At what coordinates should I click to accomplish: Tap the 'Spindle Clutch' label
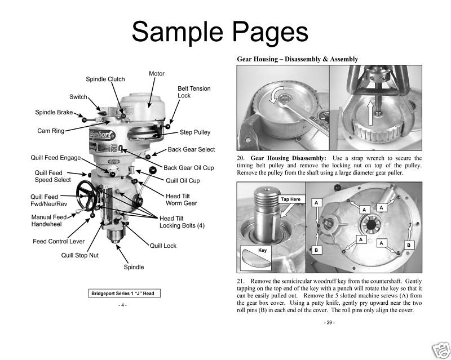coord(105,79)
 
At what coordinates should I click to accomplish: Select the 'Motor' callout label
coord(157,74)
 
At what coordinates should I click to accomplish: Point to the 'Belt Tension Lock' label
coord(194,92)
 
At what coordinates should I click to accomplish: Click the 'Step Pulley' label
coord(195,132)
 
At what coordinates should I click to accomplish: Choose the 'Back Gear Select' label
coord(191,150)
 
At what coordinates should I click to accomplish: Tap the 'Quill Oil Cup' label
coord(183,181)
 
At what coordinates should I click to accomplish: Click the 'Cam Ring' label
coord(51,131)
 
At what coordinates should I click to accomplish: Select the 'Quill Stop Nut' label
coord(80,255)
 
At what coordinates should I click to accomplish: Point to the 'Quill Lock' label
coord(163,246)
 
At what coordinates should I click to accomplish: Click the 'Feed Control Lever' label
coord(59,242)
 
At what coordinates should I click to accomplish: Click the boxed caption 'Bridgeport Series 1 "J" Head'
coord(123,294)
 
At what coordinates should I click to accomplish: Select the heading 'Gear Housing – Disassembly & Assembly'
coord(297,59)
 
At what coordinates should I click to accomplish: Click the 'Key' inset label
coord(262,250)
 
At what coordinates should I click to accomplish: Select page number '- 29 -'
coord(329,323)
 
